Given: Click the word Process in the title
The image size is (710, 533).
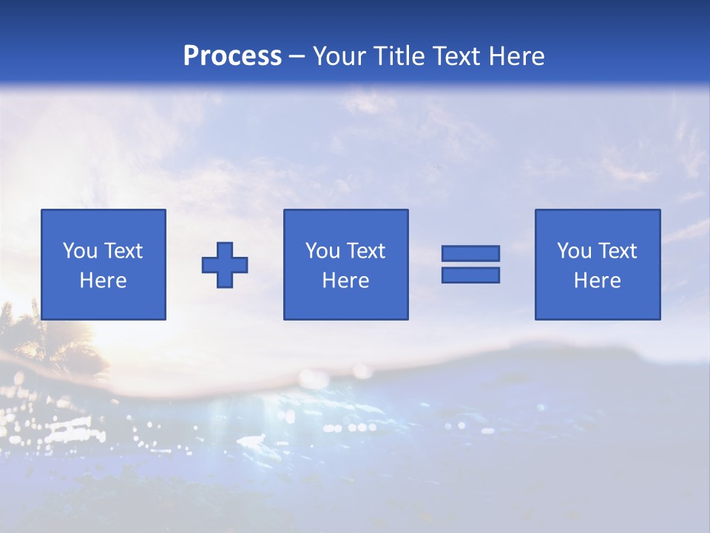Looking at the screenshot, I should [232, 56].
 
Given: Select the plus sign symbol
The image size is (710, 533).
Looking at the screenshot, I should [225, 265].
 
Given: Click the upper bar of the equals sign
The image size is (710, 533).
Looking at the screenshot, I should [470, 253].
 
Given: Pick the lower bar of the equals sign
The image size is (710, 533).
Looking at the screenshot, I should [470, 275].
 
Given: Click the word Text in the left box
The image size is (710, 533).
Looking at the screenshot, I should [122, 252].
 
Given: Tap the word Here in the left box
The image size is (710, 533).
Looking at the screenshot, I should [103, 281].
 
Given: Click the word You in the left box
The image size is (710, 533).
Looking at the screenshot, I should [80, 252].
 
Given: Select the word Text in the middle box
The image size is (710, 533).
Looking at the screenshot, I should [365, 252].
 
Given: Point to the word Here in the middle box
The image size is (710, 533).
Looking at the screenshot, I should [345, 281].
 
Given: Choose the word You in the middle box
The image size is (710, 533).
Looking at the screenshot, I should [322, 252].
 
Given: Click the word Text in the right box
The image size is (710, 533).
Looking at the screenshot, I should [616, 252].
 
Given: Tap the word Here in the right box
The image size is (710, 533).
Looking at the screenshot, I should [597, 281].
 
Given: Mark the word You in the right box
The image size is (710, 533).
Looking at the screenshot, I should [574, 252].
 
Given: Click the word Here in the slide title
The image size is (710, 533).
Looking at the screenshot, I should [515, 56].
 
